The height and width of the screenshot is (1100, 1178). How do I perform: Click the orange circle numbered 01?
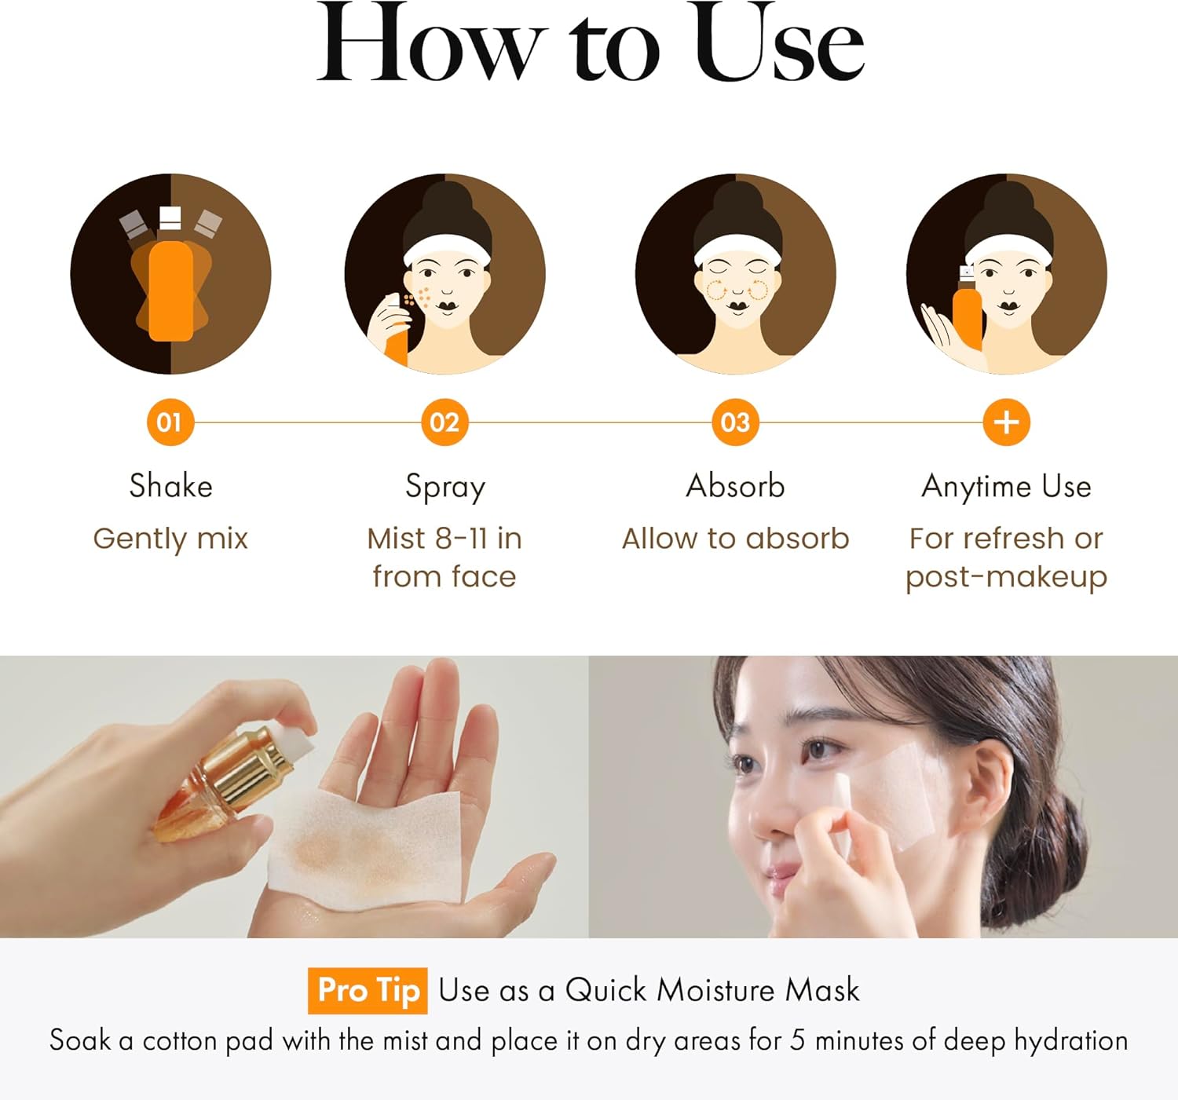(170, 422)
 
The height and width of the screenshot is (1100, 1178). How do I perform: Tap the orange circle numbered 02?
(444, 422)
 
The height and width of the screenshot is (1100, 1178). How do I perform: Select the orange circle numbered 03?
(736, 422)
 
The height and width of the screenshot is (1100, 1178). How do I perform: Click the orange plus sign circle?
(1007, 422)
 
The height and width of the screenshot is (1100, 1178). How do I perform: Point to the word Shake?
(171, 486)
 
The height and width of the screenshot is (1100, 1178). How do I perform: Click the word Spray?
(445, 488)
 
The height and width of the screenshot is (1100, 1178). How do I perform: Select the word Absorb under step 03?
(736, 486)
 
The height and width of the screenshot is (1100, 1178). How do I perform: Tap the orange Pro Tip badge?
(368, 990)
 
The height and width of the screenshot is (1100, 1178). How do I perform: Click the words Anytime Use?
(1007, 488)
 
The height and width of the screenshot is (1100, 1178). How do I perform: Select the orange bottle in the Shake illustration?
(171, 291)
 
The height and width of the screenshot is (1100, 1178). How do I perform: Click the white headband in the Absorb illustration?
(738, 249)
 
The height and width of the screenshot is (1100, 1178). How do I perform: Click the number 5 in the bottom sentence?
(798, 1041)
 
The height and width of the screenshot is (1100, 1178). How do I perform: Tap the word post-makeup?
(1007, 577)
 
